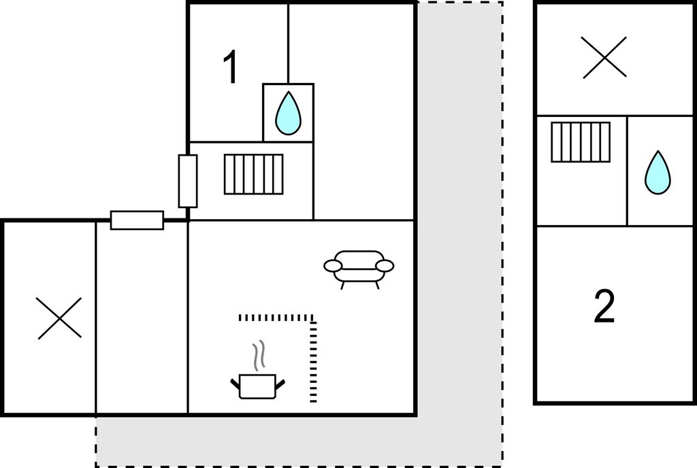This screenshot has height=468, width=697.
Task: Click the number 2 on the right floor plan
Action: pyautogui.click(x=604, y=306)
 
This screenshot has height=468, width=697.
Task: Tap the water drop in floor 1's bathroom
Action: pyautogui.click(x=288, y=113)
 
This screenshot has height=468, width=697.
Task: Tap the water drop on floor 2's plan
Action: pyautogui.click(x=658, y=172)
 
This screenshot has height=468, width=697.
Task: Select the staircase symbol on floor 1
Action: pyautogui.click(x=253, y=174)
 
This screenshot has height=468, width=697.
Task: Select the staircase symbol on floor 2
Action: pyautogui.click(x=581, y=142)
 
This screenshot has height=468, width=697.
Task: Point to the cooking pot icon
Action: pyautogui.click(x=257, y=386)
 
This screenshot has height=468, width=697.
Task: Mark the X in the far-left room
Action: pyautogui.click(x=59, y=318)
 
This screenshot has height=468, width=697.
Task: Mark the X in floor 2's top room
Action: pyautogui.click(x=604, y=58)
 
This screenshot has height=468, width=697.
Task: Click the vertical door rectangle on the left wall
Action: pyautogui.click(x=188, y=181)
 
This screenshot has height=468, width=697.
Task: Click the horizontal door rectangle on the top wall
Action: pyautogui.click(x=137, y=220)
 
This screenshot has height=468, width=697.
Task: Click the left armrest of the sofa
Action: pyautogui.click(x=332, y=265)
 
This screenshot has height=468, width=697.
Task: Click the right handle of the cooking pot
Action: pyautogui.click(x=280, y=384)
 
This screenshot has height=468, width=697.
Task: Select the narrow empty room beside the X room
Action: pyautogui.click(x=142, y=318)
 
